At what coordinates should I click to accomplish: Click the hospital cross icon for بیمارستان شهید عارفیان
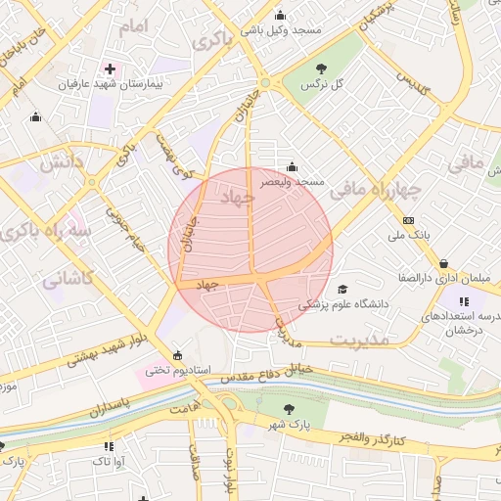tap(110, 69)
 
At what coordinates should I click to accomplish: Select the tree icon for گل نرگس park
tap(322, 68)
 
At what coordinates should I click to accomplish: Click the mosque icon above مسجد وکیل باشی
tap(282, 15)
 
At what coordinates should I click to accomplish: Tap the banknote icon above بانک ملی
tap(408, 220)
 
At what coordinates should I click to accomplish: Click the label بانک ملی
tap(409, 236)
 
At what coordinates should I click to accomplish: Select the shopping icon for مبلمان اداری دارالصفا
tap(445, 263)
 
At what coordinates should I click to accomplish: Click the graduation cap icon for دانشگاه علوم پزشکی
tap(342, 289)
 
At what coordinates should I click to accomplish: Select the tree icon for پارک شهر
tap(288, 409)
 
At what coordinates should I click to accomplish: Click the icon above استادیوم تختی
tap(176, 355)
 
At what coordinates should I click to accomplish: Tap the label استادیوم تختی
tap(178, 371)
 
